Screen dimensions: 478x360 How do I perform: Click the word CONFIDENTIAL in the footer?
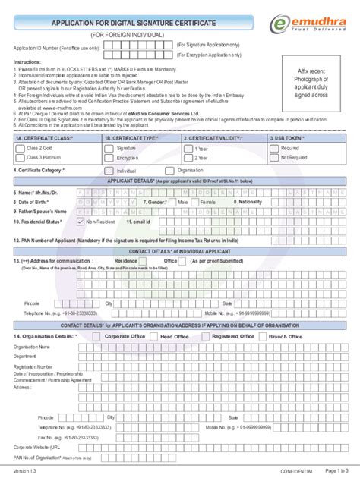click(276, 470)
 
